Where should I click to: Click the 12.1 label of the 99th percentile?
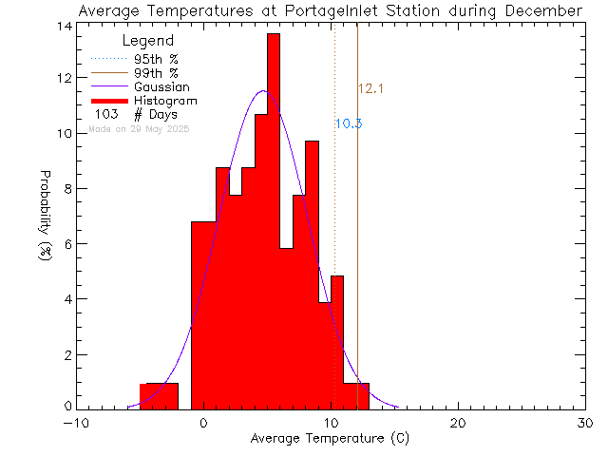tap(370, 89)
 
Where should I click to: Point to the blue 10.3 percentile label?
tap(348, 123)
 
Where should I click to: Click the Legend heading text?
tap(148, 41)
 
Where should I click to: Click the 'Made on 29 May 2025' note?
tap(139, 128)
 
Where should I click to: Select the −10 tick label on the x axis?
tap(75, 423)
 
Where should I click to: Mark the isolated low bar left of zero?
tap(159, 396)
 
